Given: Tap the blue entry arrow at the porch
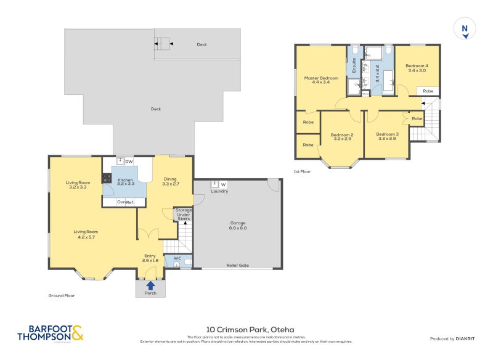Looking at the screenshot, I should (150, 285).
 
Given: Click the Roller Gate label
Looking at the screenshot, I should (237, 265).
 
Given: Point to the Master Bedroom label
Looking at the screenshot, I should (321, 80).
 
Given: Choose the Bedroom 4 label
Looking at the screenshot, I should (417, 68).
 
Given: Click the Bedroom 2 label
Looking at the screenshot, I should (341, 137).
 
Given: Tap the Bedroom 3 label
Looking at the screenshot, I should (387, 136).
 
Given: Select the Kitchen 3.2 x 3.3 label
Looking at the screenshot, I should (126, 181).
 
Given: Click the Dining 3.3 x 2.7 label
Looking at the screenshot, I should (170, 181).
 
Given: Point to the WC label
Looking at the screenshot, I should (177, 258).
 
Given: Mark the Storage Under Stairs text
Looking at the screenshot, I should (184, 214).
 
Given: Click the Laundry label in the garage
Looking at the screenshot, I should (219, 191).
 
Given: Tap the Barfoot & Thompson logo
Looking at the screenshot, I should (50, 333).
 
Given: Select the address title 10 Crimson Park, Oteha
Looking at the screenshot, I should (246, 330).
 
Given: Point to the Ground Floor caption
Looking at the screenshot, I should (62, 295).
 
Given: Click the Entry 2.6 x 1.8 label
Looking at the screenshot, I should (151, 258).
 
